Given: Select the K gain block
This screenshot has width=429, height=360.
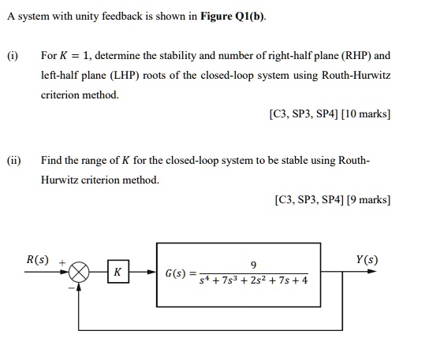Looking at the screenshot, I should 117,273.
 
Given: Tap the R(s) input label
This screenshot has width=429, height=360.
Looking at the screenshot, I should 37,259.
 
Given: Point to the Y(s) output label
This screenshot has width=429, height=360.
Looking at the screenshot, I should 367,259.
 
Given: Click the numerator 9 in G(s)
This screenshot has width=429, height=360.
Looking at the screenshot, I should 252,264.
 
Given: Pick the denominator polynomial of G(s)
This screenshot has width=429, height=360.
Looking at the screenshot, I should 253,280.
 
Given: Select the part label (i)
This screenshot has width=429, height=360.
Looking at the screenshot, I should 13,57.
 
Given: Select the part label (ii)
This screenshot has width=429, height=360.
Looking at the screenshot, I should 14,161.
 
